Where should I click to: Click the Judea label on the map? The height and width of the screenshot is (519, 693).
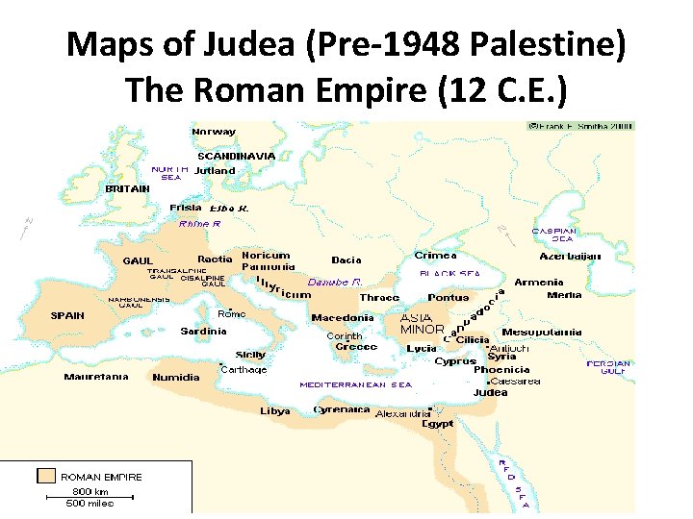tap(491, 393)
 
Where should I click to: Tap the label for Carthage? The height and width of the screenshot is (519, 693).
tap(244, 370)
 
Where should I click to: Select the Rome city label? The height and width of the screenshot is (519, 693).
tap(232, 314)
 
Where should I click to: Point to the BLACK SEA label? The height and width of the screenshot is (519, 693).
tap(449, 274)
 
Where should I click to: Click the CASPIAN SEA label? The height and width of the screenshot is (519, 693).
tap(554, 235)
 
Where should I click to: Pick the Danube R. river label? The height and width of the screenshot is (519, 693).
tap(335, 283)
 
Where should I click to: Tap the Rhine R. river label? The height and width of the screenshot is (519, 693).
tap(200, 224)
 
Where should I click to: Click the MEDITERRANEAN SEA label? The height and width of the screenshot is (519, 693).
tap(355, 384)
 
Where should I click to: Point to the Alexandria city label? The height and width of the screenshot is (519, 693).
tap(403, 413)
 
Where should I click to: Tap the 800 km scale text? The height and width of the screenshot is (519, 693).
tap(86, 491)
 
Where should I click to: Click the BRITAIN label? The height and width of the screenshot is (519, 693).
tap(127, 189)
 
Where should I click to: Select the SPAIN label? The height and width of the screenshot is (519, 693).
tap(67, 315)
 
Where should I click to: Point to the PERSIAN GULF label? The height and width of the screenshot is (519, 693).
tap(608, 368)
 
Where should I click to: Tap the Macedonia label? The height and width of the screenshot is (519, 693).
tap(343, 318)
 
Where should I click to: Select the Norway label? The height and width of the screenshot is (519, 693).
tap(214, 132)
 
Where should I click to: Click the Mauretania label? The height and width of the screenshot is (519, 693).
tap(96, 378)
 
